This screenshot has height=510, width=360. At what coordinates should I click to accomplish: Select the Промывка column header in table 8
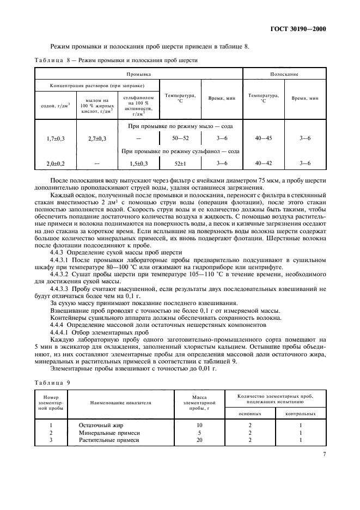tap(138, 73)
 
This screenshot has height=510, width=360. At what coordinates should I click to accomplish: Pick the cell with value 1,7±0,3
tap(56, 139)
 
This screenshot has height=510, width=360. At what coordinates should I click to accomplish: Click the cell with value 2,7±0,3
tap(97, 139)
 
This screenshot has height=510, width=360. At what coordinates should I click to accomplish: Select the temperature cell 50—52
tap(180, 139)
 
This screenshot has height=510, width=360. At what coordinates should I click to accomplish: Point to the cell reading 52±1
tap(180, 163)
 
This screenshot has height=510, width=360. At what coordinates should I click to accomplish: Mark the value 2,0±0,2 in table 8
tap(56, 163)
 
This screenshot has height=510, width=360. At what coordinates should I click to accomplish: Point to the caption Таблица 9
tap(53, 382)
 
